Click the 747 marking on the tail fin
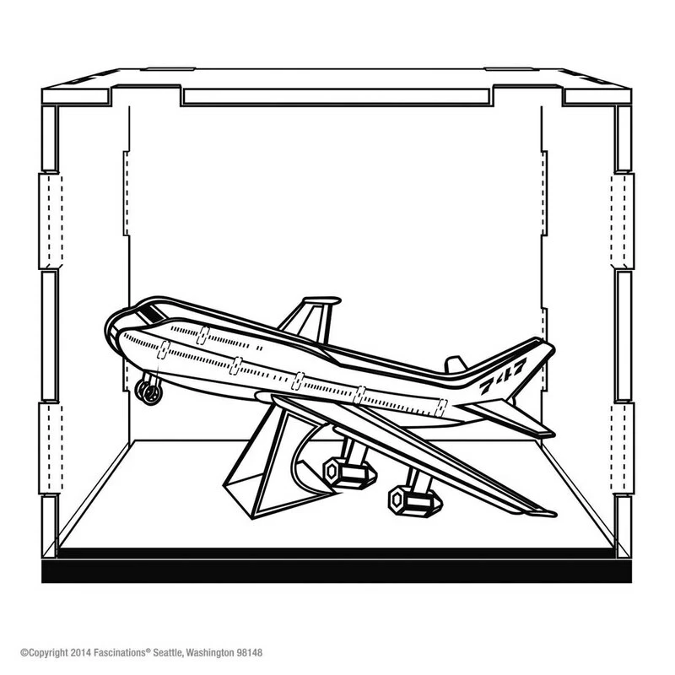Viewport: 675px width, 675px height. click(503, 375)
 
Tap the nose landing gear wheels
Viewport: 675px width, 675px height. click(148, 391)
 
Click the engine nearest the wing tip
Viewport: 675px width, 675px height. click(415, 501)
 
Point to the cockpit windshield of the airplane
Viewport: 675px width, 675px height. click(151, 312)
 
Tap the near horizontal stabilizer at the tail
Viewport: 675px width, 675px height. click(508, 418)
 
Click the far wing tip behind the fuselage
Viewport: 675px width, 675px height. click(322, 300)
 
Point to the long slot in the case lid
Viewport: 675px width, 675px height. click(337, 97)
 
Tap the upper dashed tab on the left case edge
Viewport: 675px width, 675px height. click(51, 221)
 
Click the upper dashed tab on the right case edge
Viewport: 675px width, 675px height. click(623, 221)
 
